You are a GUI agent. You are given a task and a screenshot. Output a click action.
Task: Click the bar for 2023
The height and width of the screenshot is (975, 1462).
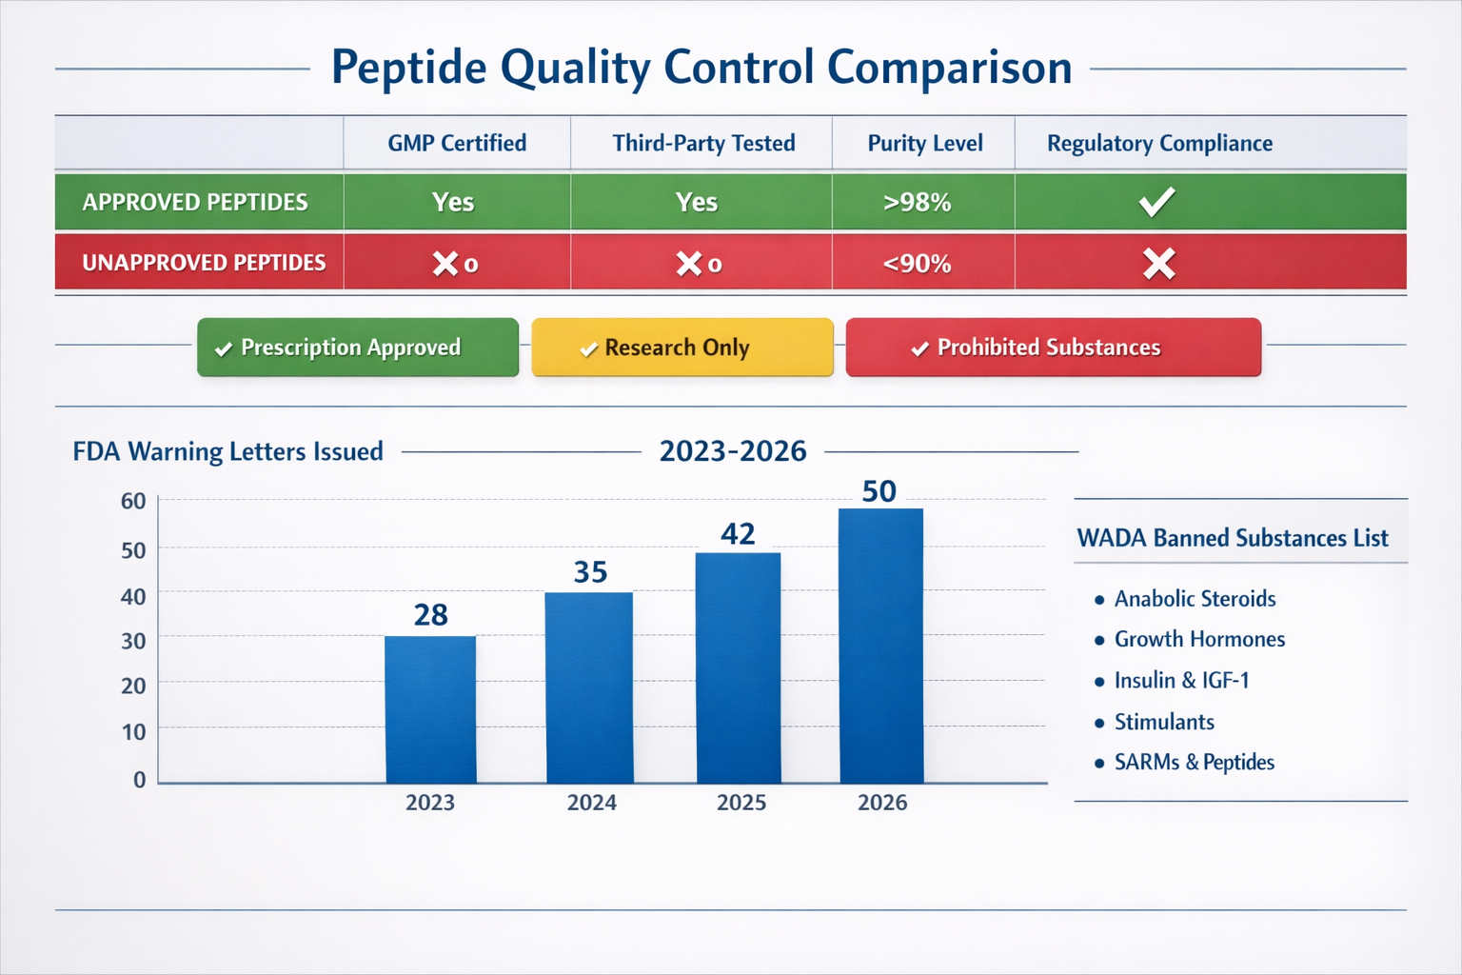click(x=430, y=709)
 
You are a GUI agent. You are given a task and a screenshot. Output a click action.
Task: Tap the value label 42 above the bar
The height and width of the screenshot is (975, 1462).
click(x=738, y=534)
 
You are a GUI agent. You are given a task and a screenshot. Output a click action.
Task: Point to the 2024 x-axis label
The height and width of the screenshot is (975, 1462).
click(x=591, y=803)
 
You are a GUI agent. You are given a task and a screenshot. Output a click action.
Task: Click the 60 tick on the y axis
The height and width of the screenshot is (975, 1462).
click(x=133, y=501)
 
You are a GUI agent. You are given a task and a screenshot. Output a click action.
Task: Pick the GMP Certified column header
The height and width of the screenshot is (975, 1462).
click(x=457, y=144)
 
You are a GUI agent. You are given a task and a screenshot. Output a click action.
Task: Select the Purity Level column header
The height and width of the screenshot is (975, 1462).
click(x=924, y=144)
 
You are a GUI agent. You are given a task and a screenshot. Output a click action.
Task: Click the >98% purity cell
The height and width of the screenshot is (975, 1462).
click(x=917, y=202)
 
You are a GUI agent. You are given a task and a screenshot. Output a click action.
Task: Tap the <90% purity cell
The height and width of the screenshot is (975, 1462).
click(x=917, y=264)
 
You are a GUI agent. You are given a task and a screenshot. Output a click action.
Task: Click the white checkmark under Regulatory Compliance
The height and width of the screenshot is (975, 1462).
click(x=1157, y=202)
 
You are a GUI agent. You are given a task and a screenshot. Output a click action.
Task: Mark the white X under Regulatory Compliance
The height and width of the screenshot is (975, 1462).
click(x=1158, y=264)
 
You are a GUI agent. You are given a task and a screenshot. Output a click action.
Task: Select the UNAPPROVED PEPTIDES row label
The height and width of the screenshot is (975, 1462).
click(x=204, y=263)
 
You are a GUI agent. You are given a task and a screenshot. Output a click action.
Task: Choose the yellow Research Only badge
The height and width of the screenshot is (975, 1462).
click(x=682, y=348)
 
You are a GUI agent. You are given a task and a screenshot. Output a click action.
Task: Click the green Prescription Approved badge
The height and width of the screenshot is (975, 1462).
click(x=358, y=348)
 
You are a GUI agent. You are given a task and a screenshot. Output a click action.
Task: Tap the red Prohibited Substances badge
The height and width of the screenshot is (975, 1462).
click(x=1053, y=348)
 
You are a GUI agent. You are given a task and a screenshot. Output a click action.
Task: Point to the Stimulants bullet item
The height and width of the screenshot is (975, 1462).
click(x=1163, y=722)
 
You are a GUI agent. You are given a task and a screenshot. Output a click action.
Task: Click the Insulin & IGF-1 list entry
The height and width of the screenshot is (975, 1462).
click(x=1180, y=680)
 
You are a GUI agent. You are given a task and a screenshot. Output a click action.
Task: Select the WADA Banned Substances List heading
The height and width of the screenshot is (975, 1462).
click(x=1232, y=538)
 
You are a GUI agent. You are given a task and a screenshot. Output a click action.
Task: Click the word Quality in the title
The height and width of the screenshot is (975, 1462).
click(x=575, y=69)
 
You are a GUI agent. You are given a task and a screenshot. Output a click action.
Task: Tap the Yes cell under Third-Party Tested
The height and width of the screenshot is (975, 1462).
click(x=697, y=202)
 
